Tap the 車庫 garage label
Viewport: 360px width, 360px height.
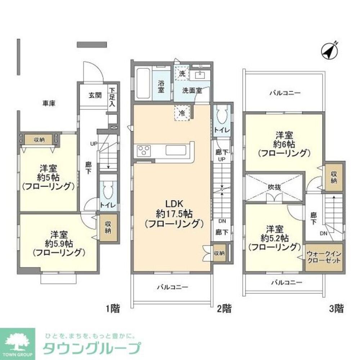pos(49,104)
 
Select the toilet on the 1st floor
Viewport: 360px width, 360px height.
pos(108,189)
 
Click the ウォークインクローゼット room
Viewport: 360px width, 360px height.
pos(323,257)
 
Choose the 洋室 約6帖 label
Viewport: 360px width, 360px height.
pos(284,144)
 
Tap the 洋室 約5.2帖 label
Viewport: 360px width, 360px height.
pos(274,238)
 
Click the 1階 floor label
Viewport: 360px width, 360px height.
pos(113,308)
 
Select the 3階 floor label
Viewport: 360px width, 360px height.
pos(336,308)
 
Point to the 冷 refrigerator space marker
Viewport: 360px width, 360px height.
pos(183,113)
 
